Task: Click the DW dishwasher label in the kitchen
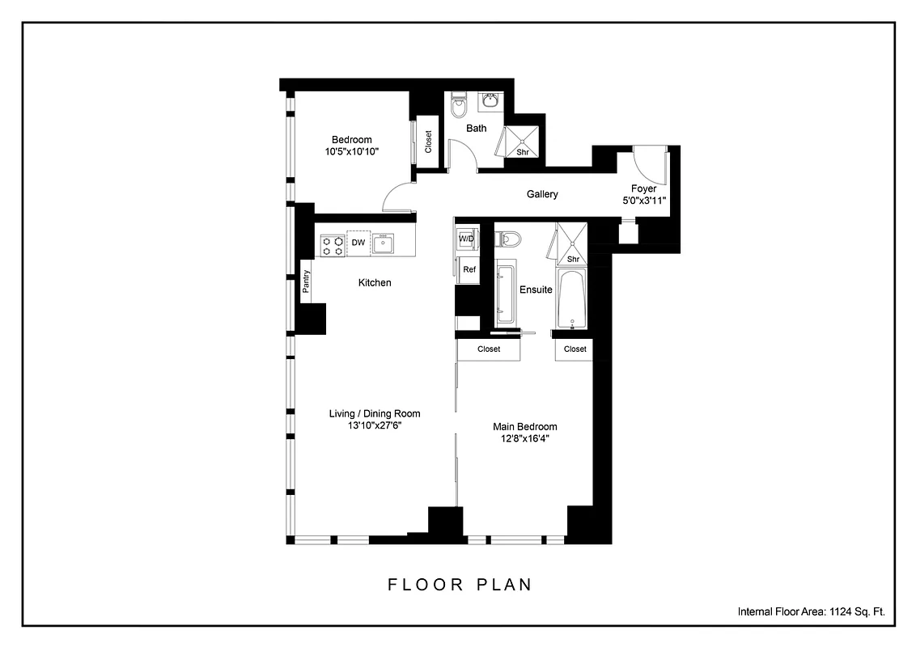point(358,243)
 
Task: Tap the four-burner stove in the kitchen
point(332,245)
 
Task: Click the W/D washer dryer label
point(467,239)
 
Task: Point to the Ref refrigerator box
point(469,270)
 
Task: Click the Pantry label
point(307,282)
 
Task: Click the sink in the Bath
point(490,102)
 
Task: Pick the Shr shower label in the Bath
point(523,151)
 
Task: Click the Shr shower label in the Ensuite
point(573,259)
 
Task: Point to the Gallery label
point(542,194)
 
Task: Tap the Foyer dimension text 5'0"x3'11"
point(643,201)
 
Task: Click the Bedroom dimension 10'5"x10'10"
point(352,151)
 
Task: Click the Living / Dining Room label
point(375,413)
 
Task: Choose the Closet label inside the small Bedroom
point(428,142)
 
